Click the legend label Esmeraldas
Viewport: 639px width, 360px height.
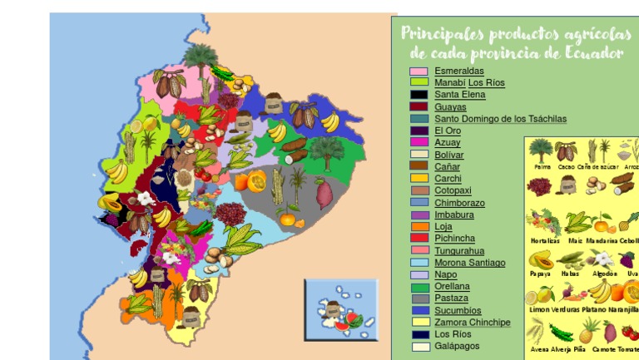458,72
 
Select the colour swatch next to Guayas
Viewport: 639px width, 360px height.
419,107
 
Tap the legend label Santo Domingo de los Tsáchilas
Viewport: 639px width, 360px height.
500,119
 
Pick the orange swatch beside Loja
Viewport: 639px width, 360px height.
419,226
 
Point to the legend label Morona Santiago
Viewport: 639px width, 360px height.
469,263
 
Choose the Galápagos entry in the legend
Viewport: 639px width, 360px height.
457,346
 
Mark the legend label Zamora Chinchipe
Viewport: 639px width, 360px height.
472,323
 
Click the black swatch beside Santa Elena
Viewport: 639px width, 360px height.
419,95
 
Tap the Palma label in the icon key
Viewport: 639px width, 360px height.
541,167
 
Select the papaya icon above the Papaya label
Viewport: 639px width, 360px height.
541,259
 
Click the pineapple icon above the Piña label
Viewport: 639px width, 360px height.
590,330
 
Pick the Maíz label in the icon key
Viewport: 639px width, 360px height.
575,240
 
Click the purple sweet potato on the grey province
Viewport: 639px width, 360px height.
324,194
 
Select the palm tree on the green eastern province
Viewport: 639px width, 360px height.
327,150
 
